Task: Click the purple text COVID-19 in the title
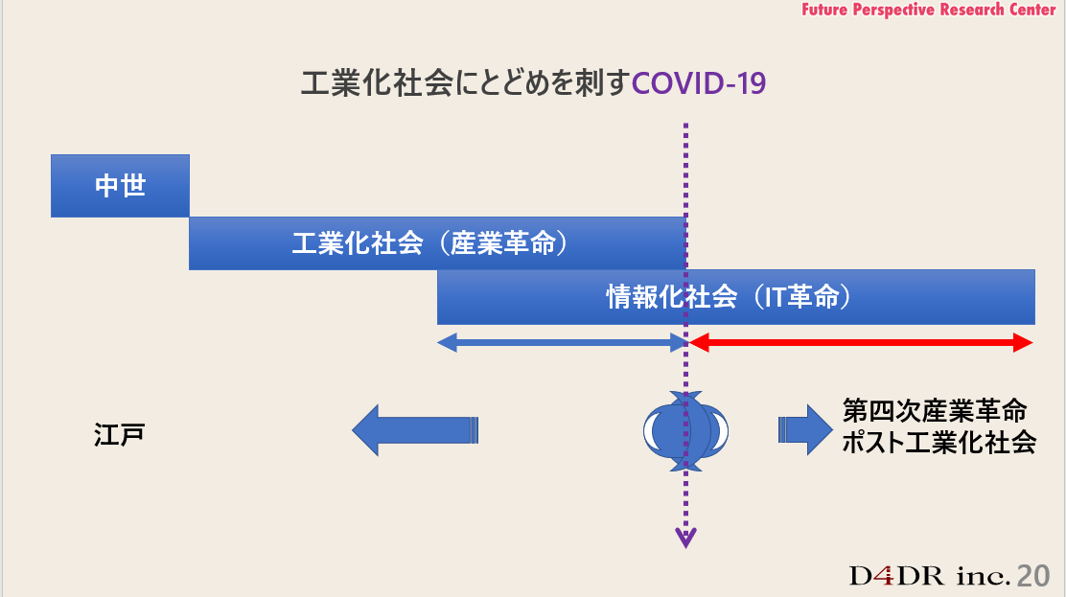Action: point(700,83)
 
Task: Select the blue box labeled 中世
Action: point(120,185)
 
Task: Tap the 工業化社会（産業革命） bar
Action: point(436,243)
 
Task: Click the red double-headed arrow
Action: point(861,342)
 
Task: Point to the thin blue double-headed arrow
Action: point(563,342)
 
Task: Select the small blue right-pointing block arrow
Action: point(803,429)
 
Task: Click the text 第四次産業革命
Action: point(934,412)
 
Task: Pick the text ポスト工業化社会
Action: point(939,443)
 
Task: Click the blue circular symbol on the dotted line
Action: point(685,430)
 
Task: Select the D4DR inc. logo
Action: point(930,576)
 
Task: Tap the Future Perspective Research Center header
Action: point(927,10)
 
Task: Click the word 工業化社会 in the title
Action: point(377,83)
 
